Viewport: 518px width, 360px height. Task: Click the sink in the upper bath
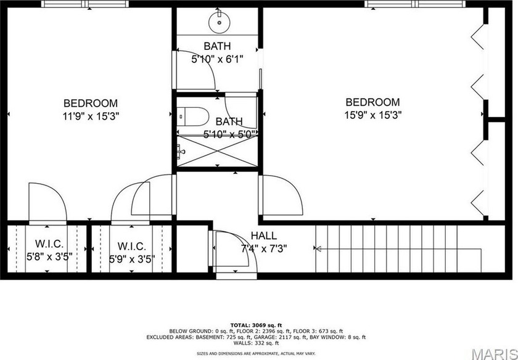(219, 22)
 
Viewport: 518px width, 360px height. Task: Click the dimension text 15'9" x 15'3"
(372, 114)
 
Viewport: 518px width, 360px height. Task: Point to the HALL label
(263, 236)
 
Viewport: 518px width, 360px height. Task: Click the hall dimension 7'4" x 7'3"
(263, 249)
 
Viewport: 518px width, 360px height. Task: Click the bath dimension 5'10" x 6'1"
(217, 59)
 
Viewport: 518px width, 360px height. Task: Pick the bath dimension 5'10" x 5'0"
(229, 134)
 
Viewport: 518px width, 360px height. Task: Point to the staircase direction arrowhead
(318, 249)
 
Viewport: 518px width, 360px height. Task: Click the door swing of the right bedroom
(284, 194)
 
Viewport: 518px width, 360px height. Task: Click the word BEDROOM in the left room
(91, 103)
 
